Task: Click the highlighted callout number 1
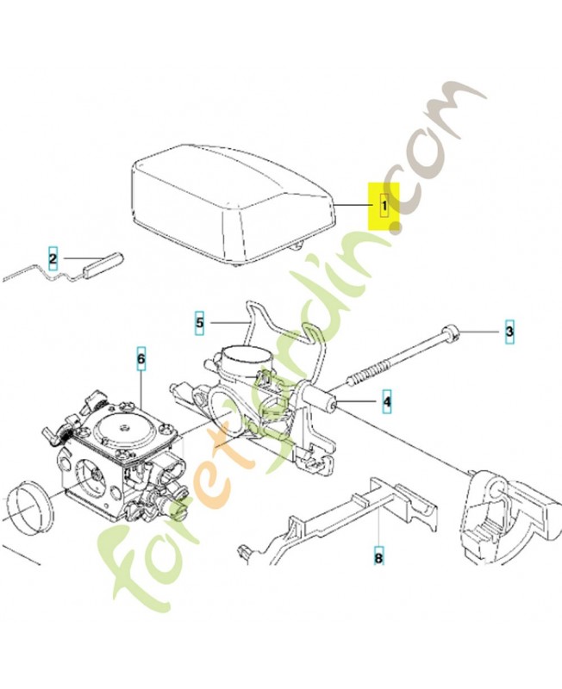[384, 205]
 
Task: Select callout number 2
[53, 259]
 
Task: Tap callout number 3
[509, 331]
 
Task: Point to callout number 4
[386, 401]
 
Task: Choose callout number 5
[200, 323]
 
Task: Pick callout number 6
[140, 359]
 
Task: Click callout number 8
[378, 558]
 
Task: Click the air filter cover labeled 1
[233, 203]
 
